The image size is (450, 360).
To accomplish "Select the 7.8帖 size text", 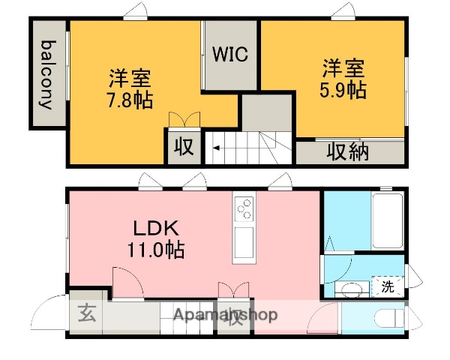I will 129,99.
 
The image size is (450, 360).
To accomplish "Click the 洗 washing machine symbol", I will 387,286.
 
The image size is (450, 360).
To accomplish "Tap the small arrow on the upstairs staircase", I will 216,148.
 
